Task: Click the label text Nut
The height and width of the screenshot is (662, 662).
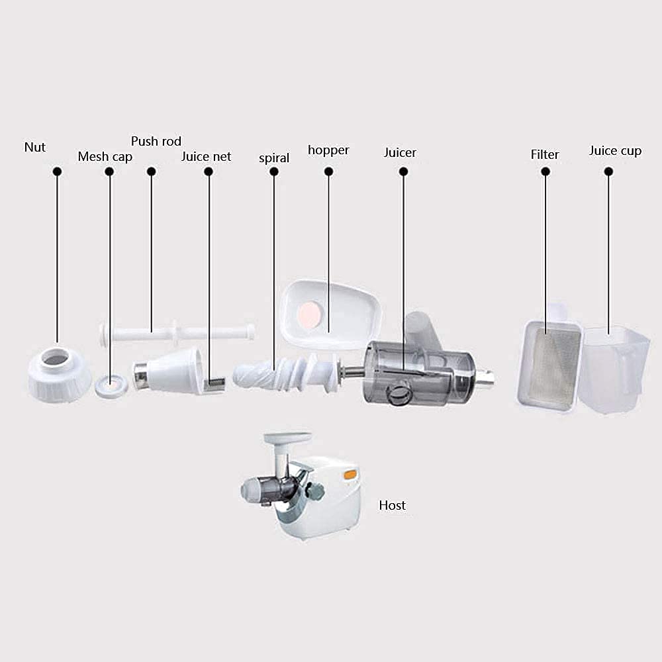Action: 35,147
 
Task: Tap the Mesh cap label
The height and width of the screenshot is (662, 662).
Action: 105,157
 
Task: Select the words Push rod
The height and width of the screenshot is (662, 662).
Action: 156,141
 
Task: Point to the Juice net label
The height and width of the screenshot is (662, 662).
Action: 207,157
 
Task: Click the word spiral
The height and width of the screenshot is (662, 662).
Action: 274,158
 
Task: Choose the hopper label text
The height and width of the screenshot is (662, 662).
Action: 328,150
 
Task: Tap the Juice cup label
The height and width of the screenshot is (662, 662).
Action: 615,151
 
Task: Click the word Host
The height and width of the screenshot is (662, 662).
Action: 392,506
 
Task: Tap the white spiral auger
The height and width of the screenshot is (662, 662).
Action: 285,371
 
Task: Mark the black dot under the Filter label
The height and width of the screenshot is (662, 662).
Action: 545,171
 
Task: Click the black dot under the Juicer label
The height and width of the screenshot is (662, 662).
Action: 403,171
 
